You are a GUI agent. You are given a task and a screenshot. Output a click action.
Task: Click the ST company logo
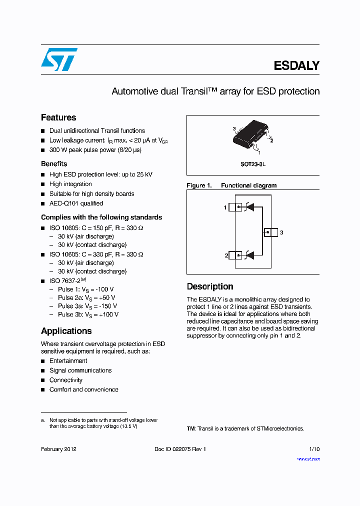[59, 59]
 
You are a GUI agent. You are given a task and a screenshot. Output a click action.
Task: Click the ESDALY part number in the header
[296, 65]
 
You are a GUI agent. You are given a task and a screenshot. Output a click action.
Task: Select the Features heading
[58, 117]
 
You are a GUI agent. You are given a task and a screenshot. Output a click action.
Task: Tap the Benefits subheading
[54, 164]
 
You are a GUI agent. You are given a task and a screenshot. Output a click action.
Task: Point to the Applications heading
[66, 331]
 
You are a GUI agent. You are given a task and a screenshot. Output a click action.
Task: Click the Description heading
[210, 286]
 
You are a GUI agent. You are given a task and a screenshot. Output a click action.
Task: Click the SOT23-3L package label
[253, 163]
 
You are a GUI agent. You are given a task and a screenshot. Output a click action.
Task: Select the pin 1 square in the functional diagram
[235, 207]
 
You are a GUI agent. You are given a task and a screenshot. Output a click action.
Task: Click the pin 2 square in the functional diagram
[235, 255]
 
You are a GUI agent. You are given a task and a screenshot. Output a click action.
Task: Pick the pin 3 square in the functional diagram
[270, 232]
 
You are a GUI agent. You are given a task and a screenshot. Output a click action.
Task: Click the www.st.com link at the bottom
[308, 459]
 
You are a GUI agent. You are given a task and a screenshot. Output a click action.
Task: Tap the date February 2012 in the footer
[58, 449]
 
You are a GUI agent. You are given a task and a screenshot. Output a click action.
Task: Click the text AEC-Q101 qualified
[76, 203]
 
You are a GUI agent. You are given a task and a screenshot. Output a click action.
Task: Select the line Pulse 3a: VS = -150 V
[87, 306]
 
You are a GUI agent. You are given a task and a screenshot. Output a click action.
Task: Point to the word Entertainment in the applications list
[68, 361]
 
